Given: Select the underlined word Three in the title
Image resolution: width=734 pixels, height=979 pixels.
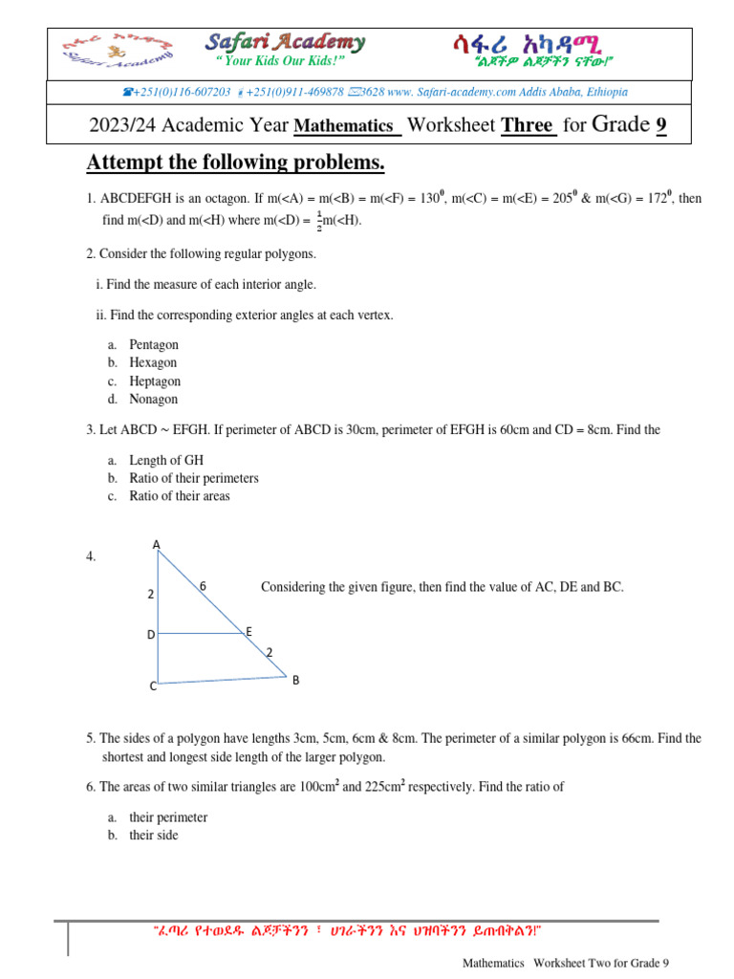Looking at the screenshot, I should click(x=529, y=125).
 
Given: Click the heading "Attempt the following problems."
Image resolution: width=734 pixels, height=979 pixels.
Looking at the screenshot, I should click(x=235, y=163).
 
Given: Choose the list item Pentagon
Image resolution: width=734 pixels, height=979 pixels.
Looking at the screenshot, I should click(x=154, y=345).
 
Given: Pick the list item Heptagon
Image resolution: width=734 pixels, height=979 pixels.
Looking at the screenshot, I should click(x=155, y=381).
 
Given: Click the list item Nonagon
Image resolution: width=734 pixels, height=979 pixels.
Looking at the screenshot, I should click(x=153, y=400).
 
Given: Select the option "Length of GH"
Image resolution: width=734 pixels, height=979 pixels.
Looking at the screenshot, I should click(x=166, y=460).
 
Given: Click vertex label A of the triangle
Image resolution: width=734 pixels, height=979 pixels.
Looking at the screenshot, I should click(x=157, y=545).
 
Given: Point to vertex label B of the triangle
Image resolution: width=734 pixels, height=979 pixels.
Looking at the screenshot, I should click(x=295, y=680).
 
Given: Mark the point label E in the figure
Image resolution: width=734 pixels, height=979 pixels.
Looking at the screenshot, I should click(x=248, y=632).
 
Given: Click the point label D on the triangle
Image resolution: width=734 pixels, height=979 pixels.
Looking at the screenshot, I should click(x=150, y=634).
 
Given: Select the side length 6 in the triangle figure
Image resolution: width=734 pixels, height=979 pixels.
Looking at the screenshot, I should click(x=203, y=585).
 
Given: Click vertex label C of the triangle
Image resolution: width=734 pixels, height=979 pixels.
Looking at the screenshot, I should click(x=152, y=686).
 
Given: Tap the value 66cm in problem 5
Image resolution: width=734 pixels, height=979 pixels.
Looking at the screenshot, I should click(x=601, y=739).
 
